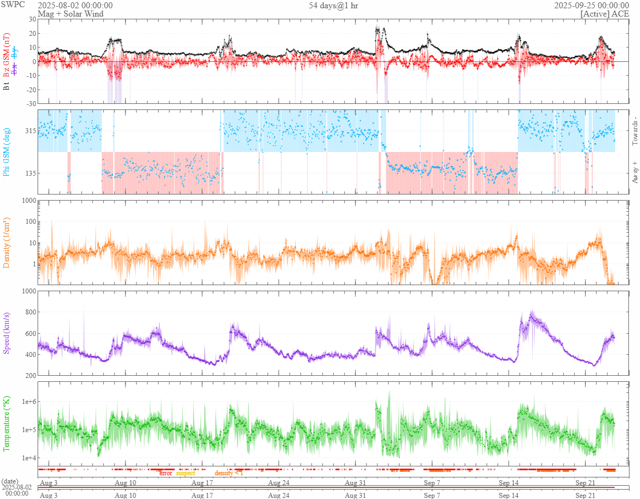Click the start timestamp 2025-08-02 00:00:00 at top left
75,5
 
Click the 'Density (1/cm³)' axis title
7,243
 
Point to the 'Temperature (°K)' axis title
7,424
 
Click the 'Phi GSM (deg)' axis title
7,152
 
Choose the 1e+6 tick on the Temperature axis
27,402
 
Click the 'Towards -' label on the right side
634,132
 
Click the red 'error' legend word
165,473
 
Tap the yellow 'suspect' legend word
185,473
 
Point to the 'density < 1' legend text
228,473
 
